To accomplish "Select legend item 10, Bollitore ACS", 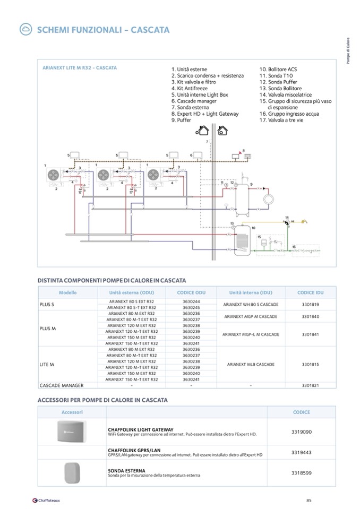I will (x=278, y=70).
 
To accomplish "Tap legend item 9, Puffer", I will (x=181, y=120).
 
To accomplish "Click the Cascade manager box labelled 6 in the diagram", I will (x=199, y=154).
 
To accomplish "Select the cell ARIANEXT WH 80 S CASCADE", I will (x=251, y=305).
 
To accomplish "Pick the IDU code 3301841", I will (x=311, y=335).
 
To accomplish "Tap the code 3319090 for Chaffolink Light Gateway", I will (x=302, y=432).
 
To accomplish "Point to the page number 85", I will (x=308, y=499).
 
